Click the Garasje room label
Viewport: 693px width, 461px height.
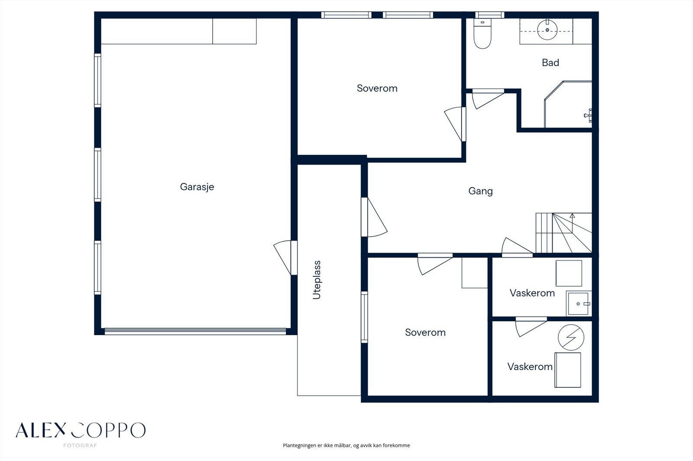[197, 187]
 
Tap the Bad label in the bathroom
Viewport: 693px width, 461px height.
[551, 63]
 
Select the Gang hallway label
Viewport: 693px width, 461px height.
[480, 191]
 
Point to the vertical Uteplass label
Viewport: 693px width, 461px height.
[317, 280]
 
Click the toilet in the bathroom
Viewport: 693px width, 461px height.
[483, 34]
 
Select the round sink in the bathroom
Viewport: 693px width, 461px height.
[547, 30]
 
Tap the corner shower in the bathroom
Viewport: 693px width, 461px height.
[568, 104]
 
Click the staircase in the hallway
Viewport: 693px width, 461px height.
[563, 233]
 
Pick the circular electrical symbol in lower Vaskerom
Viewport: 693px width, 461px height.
[571, 337]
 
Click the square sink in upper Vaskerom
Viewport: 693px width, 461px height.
[578, 304]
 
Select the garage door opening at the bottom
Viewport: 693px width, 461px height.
[195, 332]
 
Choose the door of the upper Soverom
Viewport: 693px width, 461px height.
[455, 124]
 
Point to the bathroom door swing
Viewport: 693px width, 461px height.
[488, 99]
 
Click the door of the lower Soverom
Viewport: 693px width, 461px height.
[435, 264]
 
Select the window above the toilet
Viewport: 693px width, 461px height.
[490, 15]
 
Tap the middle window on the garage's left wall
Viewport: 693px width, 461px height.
[97, 175]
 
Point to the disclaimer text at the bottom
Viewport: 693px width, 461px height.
[346, 445]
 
